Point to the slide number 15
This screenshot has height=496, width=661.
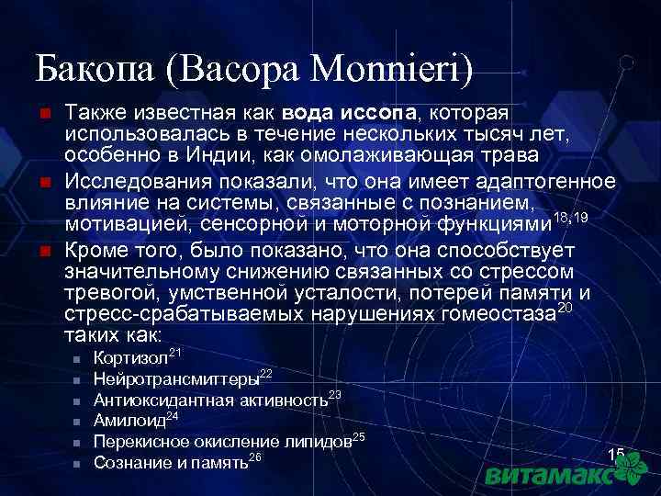(x=615, y=455)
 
